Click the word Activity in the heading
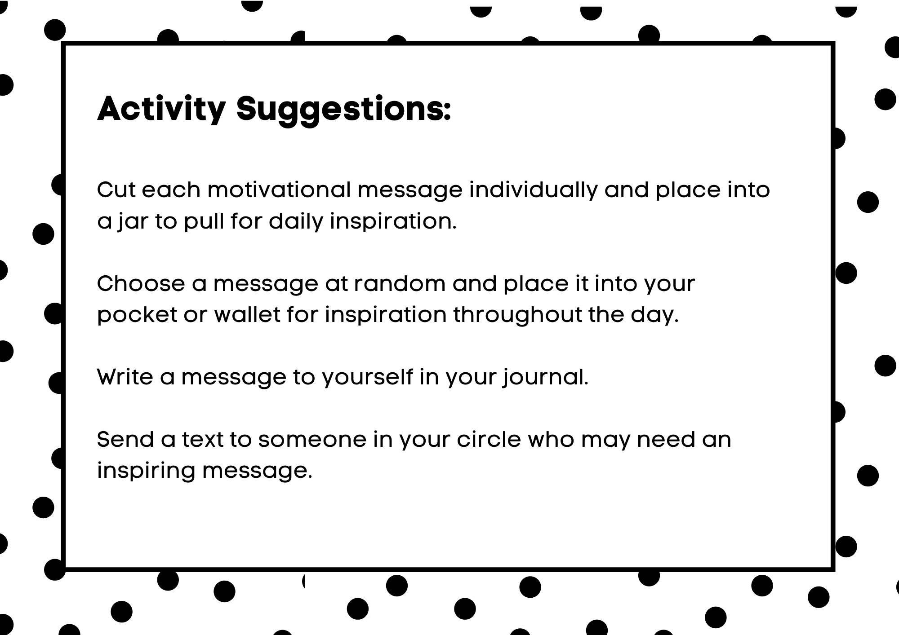[x=161, y=109]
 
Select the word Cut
[x=116, y=190]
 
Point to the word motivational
[x=279, y=190]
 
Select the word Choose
[x=141, y=284]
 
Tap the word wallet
[x=247, y=314]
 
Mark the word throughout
[x=517, y=315]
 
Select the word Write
[x=125, y=377]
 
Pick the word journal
[x=545, y=377]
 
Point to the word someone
[x=312, y=439]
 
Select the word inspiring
[x=146, y=471]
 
